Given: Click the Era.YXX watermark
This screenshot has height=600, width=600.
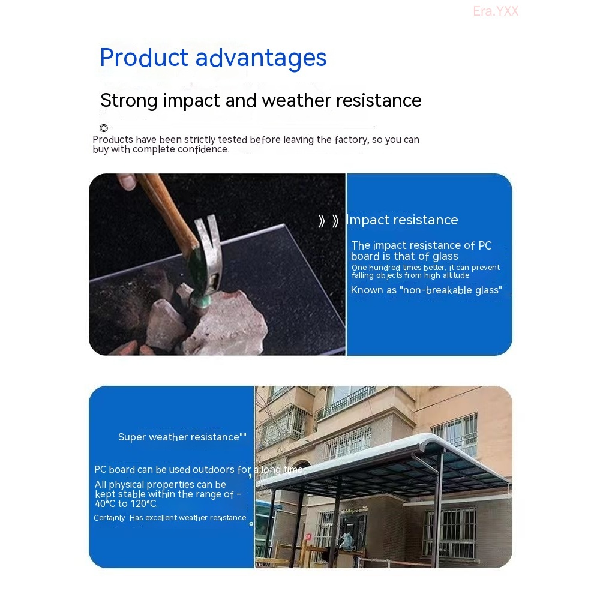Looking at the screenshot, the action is [x=496, y=11].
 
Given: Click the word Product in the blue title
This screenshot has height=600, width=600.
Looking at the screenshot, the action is [x=144, y=58].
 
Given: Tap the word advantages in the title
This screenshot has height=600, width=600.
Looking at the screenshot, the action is [x=262, y=59].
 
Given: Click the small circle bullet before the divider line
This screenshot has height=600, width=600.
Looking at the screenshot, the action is [x=104, y=128].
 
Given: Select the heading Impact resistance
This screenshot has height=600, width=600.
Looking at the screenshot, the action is [x=402, y=220].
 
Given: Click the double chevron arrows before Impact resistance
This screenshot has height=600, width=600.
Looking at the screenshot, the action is [x=329, y=221].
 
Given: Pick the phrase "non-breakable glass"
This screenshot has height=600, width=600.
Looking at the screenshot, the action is [x=451, y=290].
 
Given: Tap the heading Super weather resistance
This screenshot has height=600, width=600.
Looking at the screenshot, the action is [x=182, y=437].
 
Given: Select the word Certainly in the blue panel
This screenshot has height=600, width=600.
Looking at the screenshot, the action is [x=110, y=518].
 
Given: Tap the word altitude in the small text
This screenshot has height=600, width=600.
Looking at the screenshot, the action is [x=457, y=275].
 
